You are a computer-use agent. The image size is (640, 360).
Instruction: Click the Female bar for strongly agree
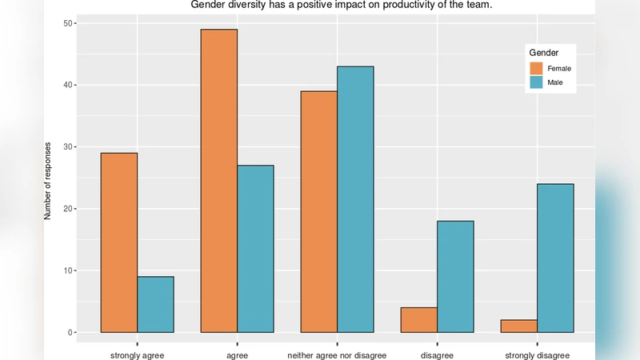pyautogui.click(x=119, y=242)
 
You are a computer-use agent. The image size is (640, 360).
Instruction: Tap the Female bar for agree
pyautogui.click(x=218, y=181)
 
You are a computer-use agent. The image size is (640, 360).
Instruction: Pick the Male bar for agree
pyautogui.click(x=255, y=249)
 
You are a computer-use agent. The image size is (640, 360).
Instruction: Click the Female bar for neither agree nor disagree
pyautogui.click(x=318, y=211)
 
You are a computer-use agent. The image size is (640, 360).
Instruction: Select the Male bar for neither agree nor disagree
pyautogui.click(x=355, y=199)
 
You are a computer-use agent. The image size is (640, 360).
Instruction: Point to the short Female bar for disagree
pyautogui.click(x=418, y=320)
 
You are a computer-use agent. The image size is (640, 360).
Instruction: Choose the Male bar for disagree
pyautogui.click(x=455, y=276)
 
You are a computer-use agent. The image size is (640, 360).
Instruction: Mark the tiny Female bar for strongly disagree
pyautogui.click(x=518, y=326)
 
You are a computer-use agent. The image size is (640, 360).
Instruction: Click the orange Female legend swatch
pyautogui.click(x=536, y=68)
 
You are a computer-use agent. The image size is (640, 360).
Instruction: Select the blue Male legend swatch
pyautogui.click(x=536, y=82)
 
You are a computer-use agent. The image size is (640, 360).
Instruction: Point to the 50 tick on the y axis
pyautogui.click(x=67, y=23)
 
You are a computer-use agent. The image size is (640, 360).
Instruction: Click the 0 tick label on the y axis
pyautogui.click(x=69, y=333)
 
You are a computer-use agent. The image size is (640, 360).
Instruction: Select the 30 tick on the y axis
pyautogui.click(x=67, y=147)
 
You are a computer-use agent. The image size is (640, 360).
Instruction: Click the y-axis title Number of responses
pyautogui.click(x=47, y=180)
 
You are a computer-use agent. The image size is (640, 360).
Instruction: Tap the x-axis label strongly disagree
pyautogui.click(x=538, y=355)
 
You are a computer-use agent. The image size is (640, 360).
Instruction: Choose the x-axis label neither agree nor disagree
pyautogui.click(x=337, y=355)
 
